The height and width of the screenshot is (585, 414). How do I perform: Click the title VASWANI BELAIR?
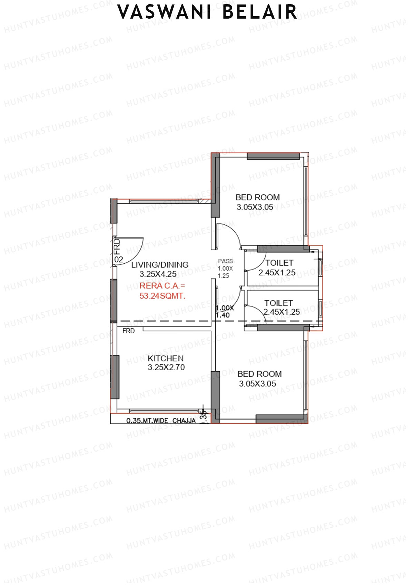[x=207, y=12]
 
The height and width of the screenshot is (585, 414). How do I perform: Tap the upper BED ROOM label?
[x=257, y=198]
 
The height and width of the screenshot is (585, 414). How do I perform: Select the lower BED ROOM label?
[x=259, y=374]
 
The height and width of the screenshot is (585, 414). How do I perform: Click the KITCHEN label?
[x=166, y=359]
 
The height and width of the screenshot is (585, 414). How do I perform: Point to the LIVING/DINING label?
[x=160, y=265]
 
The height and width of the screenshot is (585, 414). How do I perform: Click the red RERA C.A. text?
[x=162, y=286]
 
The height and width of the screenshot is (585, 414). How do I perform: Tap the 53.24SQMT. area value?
[x=162, y=296]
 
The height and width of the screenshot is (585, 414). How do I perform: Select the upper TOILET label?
[x=279, y=263]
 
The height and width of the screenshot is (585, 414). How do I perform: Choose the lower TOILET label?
[x=278, y=303]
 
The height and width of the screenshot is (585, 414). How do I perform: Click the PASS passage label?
[x=225, y=261]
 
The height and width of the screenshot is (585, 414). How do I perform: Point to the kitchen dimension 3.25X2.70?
[x=166, y=367]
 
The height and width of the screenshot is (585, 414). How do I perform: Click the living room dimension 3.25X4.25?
[x=158, y=274]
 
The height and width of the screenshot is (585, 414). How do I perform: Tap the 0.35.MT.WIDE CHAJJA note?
[x=161, y=421]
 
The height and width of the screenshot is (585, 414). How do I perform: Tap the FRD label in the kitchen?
[x=128, y=331]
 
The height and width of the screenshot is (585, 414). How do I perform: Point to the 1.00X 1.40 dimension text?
[x=224, y=311]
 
